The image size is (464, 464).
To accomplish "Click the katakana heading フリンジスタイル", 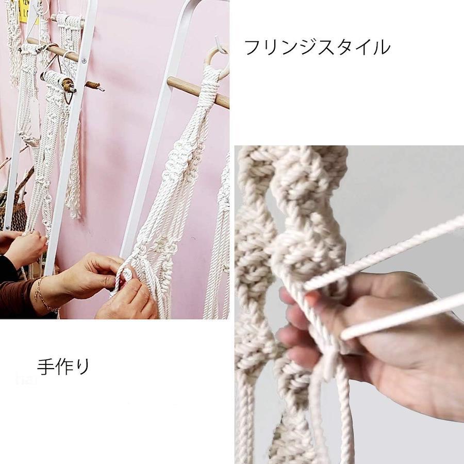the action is click(x=317, y=47).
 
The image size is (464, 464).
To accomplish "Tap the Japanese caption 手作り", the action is click(x=63, y=367).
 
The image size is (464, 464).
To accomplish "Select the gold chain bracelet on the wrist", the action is click(x=44, y=296).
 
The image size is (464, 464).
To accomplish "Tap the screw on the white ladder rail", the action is click(x=84, y=60).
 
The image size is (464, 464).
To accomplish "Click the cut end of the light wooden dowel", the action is click(x=169, y=81).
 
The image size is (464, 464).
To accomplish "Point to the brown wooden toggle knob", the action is click(x=69, y=85).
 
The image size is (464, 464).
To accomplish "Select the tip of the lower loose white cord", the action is click(x=343, y=336).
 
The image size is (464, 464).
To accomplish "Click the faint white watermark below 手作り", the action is click(x=27, y=379).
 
